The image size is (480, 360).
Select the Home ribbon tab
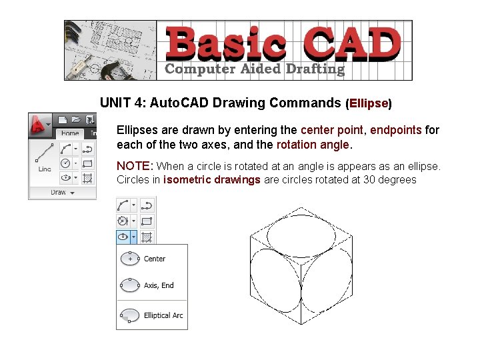coord(70,133)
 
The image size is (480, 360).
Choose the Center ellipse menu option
coord(154,259)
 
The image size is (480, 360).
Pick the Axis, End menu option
coord(158,285)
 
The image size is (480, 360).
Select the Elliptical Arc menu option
coord(163,315)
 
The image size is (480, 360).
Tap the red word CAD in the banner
coord(353,43)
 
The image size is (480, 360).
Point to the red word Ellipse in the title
coord(369,103)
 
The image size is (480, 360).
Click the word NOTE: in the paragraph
coord(135,165)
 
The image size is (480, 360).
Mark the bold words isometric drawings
coord(212,179)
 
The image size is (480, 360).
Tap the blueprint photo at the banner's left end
coord(111,50)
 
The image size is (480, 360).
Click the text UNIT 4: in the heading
coord(123,103)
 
